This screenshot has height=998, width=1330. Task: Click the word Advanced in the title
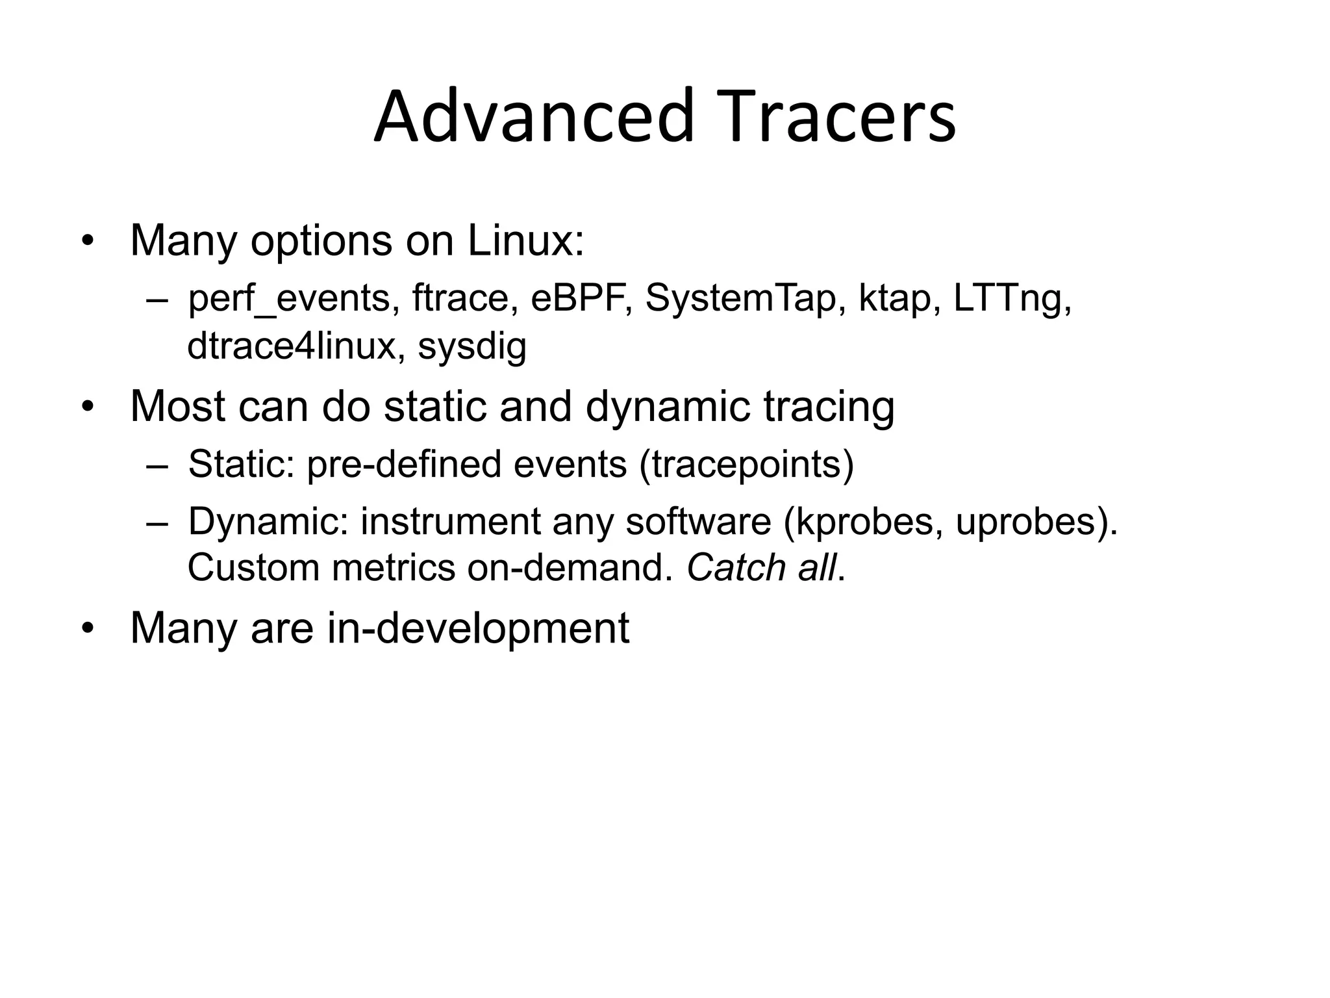coord(534,117)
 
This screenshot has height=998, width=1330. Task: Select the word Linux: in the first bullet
coord(525,240)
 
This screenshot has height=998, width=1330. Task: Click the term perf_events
coord(289,299)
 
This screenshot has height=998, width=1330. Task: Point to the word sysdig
coord(471,347)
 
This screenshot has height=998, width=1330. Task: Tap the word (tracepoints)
coord(746,465)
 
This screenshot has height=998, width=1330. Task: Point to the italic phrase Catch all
coord(761,568)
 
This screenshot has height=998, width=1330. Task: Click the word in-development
coord(477,628)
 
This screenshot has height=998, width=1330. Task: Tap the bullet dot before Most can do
coord(88,407)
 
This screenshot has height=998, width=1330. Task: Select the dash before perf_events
coord(157,300)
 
